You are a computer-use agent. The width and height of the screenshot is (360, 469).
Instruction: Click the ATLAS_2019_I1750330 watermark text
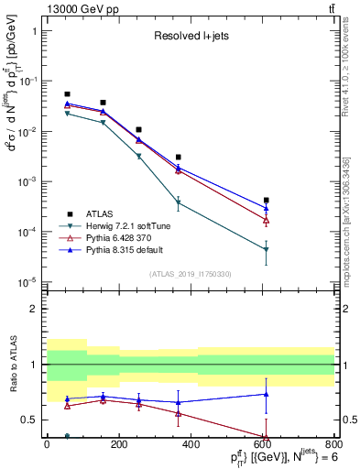pos(190,274)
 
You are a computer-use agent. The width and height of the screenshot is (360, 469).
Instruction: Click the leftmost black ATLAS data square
pos(67,94)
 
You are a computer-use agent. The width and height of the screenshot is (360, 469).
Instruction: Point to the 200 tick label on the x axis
pos(118,443)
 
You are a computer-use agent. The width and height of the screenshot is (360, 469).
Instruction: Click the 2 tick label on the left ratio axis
pos(36,309)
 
